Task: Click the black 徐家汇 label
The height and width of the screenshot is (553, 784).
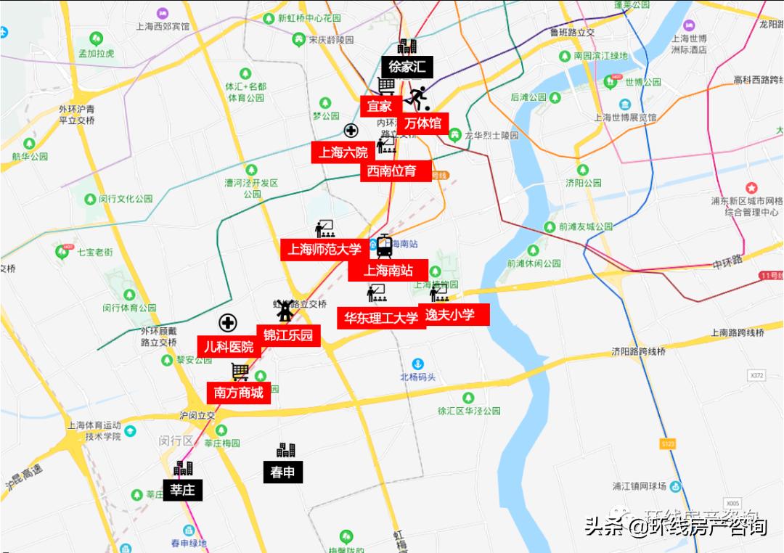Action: point(407,67)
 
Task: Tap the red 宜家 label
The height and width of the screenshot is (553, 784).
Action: point(379,106)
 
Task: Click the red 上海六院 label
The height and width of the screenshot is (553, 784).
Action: point(343,152)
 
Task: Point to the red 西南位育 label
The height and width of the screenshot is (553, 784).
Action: point(392,171)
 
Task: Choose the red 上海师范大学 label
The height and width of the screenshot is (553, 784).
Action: point(323,250)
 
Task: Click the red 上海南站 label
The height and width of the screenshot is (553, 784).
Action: point(388,271)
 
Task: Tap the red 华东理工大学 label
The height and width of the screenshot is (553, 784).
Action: point(381,318)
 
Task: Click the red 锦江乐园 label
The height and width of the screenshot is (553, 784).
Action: point(288,335)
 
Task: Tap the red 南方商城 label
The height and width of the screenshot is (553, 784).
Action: point(239,393)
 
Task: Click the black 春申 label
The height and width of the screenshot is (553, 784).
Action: point(282,472)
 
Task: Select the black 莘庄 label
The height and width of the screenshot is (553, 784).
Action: point(182,490)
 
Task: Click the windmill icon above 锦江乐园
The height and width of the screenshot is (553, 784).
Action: point(285,310)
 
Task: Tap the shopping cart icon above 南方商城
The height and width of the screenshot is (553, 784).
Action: point(240,372)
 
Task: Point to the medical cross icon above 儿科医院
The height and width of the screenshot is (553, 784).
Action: point(228,323)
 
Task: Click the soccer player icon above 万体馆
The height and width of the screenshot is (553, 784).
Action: point(417,96)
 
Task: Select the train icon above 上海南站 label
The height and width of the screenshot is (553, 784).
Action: point(384,247)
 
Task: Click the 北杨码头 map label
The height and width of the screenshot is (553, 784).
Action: point(418,377)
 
